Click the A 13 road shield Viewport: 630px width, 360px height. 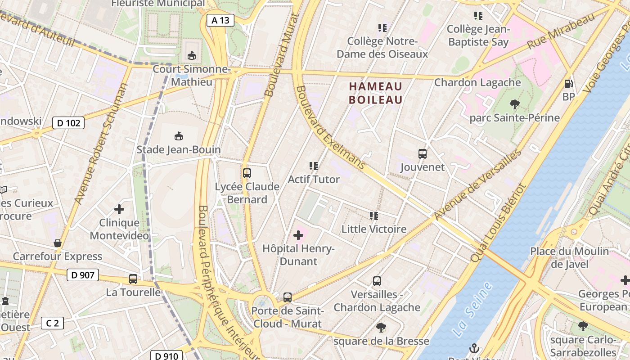(220, 20)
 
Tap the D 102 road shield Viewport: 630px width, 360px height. (68, 122)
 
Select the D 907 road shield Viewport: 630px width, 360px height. (83, 274)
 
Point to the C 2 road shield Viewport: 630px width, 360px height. (53, 323)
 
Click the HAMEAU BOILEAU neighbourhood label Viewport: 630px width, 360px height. (376, 93)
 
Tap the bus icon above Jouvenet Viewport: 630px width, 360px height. (423, 154)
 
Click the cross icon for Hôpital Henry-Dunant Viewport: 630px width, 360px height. (298, 235)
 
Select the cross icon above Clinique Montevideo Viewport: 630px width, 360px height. (119, 209)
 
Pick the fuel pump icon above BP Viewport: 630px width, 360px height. (569, 84)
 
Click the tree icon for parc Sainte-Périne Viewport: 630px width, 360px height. (515, 105)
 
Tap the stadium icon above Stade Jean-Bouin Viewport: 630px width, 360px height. (179, 136)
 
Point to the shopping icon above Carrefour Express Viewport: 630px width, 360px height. (58, 243)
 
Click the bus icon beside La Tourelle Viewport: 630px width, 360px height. (133, 279)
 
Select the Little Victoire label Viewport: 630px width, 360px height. (374, 229)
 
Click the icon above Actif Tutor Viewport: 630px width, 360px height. (314, 166)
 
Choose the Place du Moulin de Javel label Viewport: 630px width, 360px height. (569, 257)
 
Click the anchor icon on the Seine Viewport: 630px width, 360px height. (473, 348)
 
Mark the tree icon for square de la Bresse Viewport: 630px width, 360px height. (381, 327)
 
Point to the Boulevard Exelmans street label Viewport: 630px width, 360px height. (330, 128)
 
